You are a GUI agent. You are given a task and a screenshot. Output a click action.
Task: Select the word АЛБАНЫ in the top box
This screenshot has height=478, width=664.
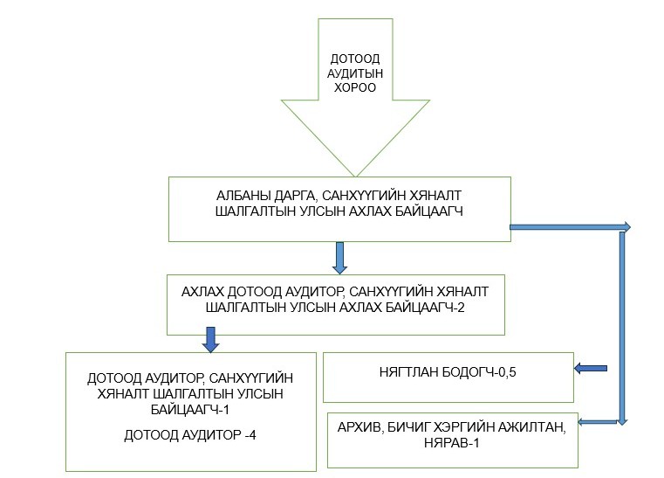[237, 197]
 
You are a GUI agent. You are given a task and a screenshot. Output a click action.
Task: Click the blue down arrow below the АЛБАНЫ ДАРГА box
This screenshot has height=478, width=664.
[340, 257]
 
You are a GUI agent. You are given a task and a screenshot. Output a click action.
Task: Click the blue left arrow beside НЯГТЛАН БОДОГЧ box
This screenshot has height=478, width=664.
[591, 368]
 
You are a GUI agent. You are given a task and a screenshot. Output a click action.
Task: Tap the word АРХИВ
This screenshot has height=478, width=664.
[359, 427]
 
